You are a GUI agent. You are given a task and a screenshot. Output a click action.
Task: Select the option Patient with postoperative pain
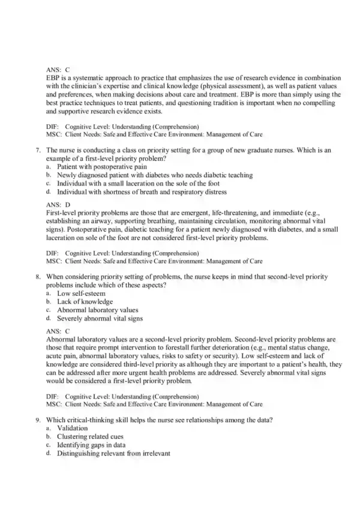[97, 167]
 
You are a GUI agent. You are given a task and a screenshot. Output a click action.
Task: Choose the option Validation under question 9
[72, 429]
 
